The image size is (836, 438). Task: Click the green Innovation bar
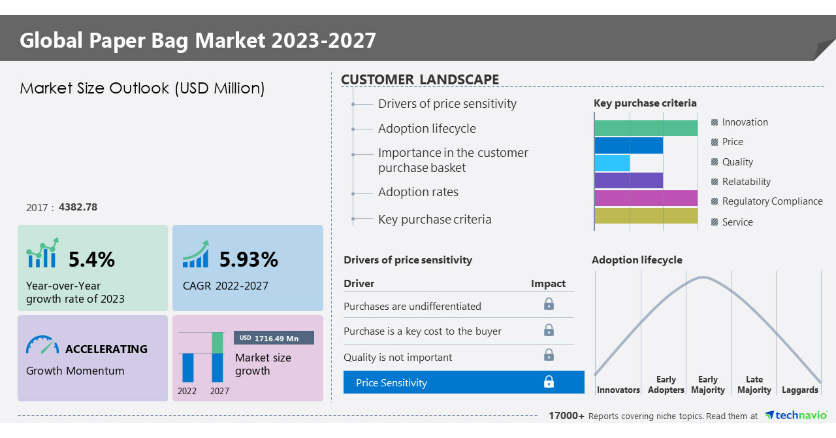(x=645, y=128)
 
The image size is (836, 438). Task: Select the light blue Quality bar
(x=612, y=163)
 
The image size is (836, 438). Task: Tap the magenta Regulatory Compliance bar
(x=645, y=198)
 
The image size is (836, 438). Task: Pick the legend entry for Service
(x=737, y=222)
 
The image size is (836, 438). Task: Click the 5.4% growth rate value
(x=91, y=260)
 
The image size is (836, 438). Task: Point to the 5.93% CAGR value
(x=248, y=260)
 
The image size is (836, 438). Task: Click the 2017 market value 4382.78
(x=78, y=207)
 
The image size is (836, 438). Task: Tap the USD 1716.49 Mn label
(x=274, y=338)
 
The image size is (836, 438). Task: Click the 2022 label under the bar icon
(x=187, y=391)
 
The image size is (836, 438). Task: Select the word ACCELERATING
(x=106, y=349)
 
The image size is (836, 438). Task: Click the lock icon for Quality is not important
(x=549, y=355)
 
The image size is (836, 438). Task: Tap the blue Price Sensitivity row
(x=464, y=382)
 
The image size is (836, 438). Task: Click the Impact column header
(x=548, y=283)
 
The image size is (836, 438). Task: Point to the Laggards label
(x=799, y=390)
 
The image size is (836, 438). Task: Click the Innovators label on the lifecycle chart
(x=618, y=390)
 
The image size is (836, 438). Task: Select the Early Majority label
(x=708, y=384)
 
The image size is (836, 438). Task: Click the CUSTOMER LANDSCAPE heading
(x=420, y=80)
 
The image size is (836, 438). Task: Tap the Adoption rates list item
(x=418, y=192)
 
